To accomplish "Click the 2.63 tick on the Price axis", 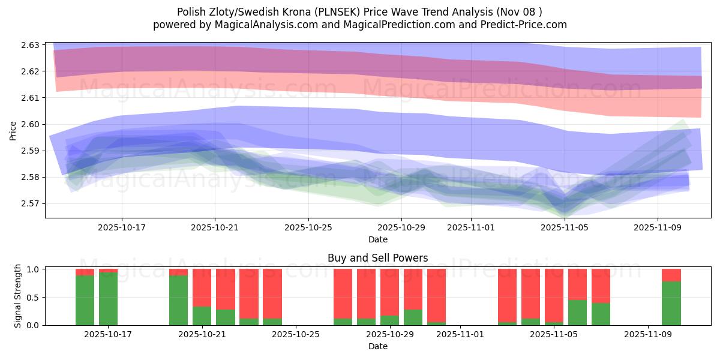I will click(x=30, y=45).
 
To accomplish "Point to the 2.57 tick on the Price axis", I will click(x=30, y=203).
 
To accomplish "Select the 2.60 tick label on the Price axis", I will click(x=30, y=124).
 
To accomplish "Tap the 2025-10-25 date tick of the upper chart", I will click(x=308, y=227).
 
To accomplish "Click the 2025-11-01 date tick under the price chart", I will click(x=471, y=227).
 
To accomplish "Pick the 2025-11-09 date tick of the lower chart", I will click(x=648, y=335).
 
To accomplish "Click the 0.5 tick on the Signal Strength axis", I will click(x=34, y=297).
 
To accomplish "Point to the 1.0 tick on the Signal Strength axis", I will click(x=34, y=269).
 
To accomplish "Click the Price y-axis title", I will click(x=13, y=130).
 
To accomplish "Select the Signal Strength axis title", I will click(x=18, y=296).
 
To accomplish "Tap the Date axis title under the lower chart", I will click(x=377, y=346).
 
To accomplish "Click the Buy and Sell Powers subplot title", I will click(x=377, y=259).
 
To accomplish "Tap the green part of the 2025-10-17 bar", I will click(x=108, y=299).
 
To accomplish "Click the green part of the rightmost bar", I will click(x=671, y=303).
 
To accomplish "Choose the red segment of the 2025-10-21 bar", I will click(x=202, y=288).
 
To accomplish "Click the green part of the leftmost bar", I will click(x=85, y=300).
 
